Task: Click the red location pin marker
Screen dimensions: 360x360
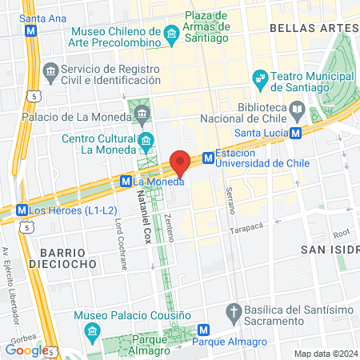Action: pyautogui.click(x=181, y=162)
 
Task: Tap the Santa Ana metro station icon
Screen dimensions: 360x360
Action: pyautogui.click(x=31, y=31)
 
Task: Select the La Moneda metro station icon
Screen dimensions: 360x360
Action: pyautogui.click(x=126, y=182)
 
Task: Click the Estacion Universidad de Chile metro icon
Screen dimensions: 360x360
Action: pyautogui.click(x=208, y=158)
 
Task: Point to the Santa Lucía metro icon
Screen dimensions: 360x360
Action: pyautogui.click(x=296, y=133)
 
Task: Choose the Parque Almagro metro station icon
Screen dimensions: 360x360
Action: pyautogui.click(x=204, y=329)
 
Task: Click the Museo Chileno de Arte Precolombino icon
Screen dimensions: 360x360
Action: pyautogui.click(x=171, y=34)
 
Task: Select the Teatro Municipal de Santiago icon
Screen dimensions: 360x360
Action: pyautogui.click(x=259, y=78)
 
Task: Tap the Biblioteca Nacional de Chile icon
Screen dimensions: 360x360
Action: pyautogui.click(x=298, y=108)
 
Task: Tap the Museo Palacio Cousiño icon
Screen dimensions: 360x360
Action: pyautogui.click(x=91, y=330)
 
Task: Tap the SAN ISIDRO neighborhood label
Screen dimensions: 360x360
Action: pyautogui.click(x=326, y=250)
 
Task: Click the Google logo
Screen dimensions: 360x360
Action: pyautogui.click(x=26, y=349)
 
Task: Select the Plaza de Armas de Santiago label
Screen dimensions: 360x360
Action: pyautogui.click(x=206, y=21)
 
